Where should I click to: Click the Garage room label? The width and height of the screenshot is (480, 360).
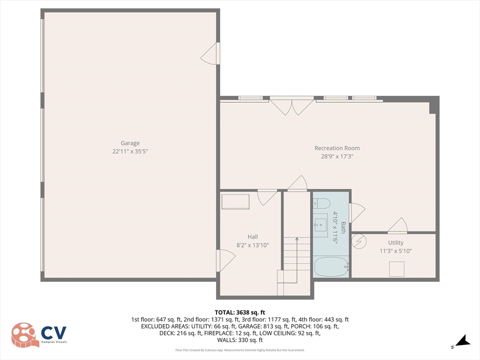coord(130,143)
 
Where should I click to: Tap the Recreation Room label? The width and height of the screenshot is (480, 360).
coord(337,148)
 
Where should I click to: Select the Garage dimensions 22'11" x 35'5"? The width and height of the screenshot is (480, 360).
coord(131,151)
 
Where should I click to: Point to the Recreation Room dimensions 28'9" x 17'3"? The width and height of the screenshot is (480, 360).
coord(337,157)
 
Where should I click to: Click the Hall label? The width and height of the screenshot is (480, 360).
coord(253,237)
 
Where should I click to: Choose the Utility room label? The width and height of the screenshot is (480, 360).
coord(395,243)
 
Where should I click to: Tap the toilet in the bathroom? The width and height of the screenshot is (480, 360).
coord(322,203)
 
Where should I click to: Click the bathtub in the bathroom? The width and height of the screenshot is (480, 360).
coord(331,267)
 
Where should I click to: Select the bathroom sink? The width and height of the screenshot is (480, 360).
coord(321,223)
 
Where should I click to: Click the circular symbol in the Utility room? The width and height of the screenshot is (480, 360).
coord(359,241)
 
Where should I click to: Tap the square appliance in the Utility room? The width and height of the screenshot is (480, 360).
coord(397,269)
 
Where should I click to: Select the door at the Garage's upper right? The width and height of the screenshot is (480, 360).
coord(210,54)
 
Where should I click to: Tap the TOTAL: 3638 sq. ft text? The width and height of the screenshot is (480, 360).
coord(240,312)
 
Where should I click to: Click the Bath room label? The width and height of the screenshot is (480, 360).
coord(343,227)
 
